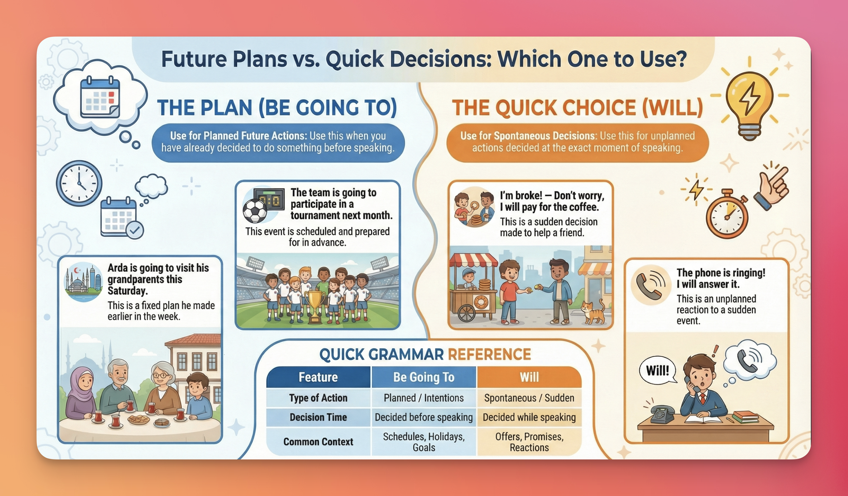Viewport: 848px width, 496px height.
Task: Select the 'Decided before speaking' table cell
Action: [x=424, y=417]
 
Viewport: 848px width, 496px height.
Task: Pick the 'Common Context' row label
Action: [x=318, y=441]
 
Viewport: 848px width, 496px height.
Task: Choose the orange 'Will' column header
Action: [x=529, y=377]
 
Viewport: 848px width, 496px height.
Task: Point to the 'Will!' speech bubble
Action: [x=658, y=370]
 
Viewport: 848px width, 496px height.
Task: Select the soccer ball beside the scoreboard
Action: [x=255, y=211]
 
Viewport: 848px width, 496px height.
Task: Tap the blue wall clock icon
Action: [x=79, y=183]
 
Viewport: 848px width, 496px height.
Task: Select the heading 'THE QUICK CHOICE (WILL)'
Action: [x=578, y=108]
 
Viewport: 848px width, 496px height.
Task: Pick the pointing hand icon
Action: [x=771, y=188]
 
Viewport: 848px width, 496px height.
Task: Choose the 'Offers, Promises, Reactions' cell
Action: [x=529, y=442]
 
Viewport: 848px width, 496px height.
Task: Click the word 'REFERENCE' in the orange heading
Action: [x=489, y=355]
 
